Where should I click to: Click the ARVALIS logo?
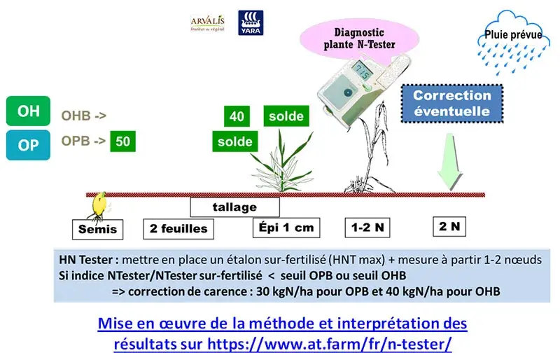pyautogui.click(x=207, y=23)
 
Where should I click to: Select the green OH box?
pyautogui.click(x=29, y=111)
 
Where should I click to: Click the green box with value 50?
pyautogui.click(x=124, y=141)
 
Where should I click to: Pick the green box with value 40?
pyautogui.click(x=237, y=116)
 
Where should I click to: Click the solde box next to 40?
pyautogui.click(x=286, y=116)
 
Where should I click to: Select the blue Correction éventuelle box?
pyautogui.click(x=451, y=103)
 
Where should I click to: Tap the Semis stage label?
pyautogui.click(x=97, y=229)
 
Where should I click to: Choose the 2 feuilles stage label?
pyautogui.click(x=178, y=228)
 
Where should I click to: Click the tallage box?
pyautogui.click(x=234, y=207)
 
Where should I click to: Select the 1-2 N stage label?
pyautogui.click(x=367, y=227)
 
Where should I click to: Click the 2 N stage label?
pyautogui.click(x=449, y=226)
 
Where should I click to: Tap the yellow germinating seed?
pyautogui.click(x=100, y=204)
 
